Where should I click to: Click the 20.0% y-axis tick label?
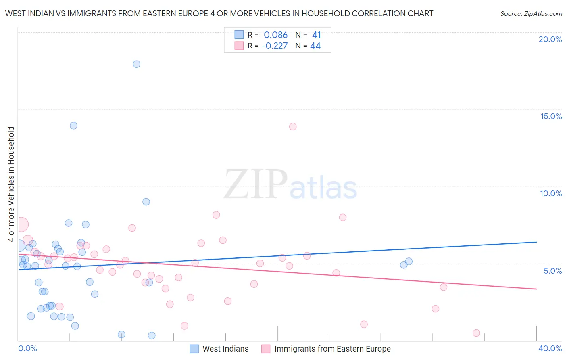550,39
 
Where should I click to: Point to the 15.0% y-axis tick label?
551,116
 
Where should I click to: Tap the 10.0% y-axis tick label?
551,193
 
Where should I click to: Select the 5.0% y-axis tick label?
552,271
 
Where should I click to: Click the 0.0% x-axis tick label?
27,348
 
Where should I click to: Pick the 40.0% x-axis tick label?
550,348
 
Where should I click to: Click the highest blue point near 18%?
137,64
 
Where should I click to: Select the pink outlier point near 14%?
293,127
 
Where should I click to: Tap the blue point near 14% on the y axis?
73,126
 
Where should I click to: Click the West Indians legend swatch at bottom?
194,349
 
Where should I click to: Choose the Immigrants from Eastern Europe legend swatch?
266,349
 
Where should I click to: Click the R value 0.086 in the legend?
275,35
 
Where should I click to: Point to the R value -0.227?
274,46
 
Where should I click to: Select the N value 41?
317,35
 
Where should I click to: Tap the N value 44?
315,46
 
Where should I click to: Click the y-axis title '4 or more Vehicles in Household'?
11,184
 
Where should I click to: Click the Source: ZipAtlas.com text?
531,14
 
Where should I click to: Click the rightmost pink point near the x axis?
476,333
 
